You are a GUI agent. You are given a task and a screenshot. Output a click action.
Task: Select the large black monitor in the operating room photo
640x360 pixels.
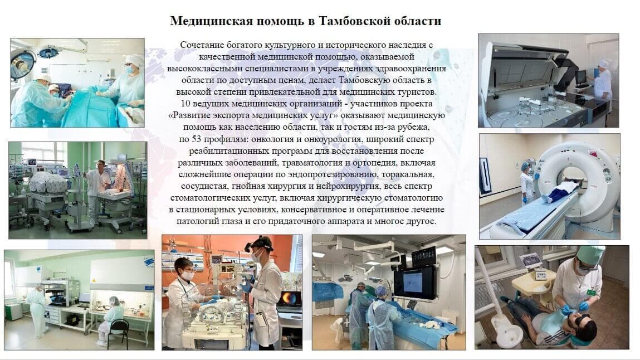[x=414, y=281]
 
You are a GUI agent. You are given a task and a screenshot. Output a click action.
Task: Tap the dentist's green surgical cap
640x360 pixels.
[x=590, y=255]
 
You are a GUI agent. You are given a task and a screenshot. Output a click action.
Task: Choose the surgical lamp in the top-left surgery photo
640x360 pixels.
[x=22, y=62]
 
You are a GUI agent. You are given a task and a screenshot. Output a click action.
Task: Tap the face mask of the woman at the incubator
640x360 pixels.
[x=187, y=275]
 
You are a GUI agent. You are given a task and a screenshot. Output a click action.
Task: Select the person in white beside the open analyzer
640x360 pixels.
[x=602, y=80]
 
